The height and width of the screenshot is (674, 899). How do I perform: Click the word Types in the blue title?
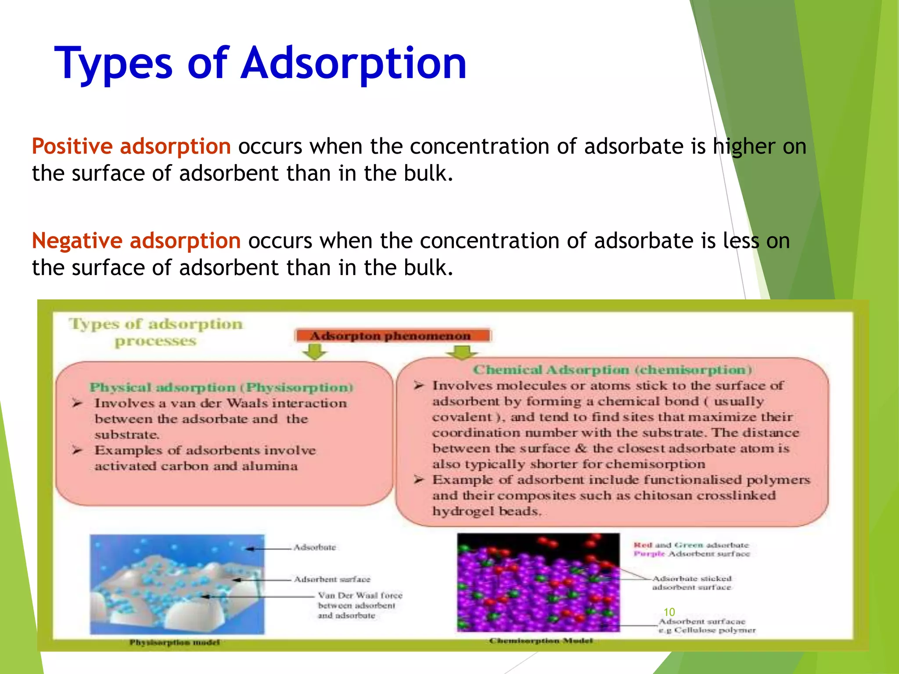pos(113,64)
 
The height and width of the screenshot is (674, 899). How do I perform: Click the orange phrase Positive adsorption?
pos(131,146)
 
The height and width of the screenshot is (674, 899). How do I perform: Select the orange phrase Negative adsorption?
pos(136,240)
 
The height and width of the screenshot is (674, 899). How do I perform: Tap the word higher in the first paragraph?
pos(743,147)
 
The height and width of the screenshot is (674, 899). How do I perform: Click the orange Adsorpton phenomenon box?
pos(392,336)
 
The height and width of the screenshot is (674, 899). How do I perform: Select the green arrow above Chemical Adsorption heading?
pos(461,352)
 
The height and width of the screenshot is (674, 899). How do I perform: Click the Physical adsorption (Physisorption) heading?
pos(221,387)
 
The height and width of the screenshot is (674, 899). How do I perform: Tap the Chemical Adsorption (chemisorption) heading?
pos(612,370)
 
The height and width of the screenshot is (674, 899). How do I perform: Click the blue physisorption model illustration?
pos(177,584)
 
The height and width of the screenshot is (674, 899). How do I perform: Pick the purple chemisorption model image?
pos(538,582)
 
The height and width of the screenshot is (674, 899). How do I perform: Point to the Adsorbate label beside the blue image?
pos(315,547)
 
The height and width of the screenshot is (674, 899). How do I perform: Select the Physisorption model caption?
pos(174,642)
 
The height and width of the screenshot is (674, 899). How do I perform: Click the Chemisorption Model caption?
pos(541,641)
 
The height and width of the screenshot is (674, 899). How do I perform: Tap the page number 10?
pos(669,612)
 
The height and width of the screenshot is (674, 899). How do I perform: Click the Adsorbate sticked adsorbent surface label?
pos(692,583)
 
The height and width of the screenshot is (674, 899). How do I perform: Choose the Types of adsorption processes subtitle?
pos(155,332)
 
